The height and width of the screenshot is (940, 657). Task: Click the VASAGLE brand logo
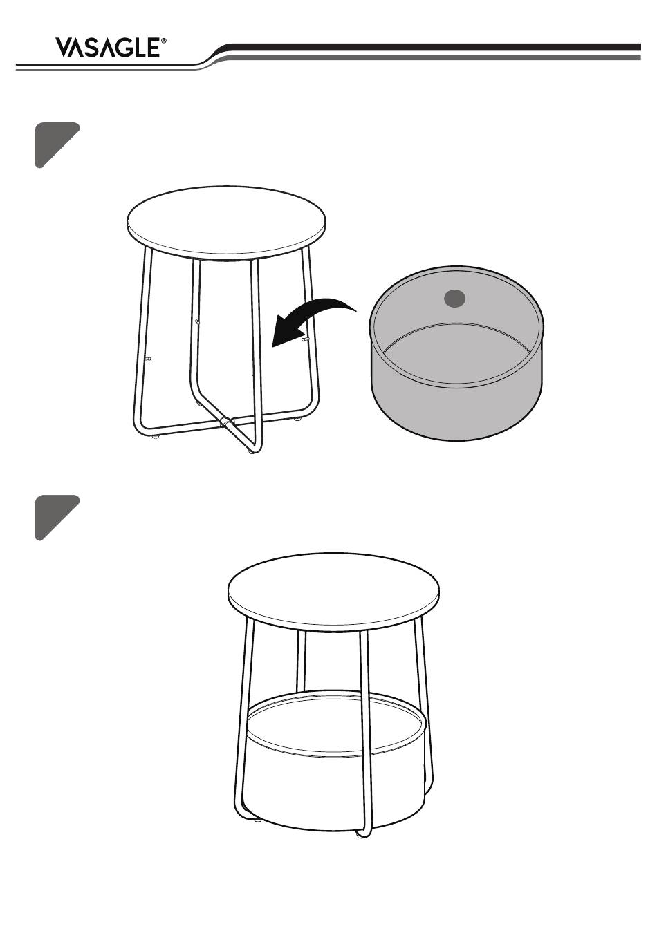coord(111,48)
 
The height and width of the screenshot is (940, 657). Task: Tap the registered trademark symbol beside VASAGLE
coord(164,41)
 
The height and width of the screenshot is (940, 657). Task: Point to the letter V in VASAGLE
coord(64,48)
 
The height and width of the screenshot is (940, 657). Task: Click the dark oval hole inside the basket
coord(454,299)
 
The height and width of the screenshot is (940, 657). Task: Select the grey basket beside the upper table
coord(456,352)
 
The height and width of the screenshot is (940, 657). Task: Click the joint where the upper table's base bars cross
coord(226,422)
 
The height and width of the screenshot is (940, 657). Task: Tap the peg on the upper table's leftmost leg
coord(147,358)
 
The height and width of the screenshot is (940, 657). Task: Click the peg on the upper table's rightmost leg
coord(306,339)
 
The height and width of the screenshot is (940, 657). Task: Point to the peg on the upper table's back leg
coord(197,322)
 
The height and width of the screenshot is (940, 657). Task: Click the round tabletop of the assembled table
coord(333,589)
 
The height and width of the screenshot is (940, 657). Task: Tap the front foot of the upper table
coord(252,451)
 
